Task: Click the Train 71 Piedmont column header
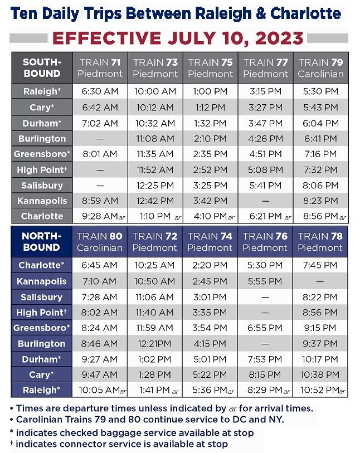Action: (100, 68)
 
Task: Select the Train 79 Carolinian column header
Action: (320, 68)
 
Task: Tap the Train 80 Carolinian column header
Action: (99, 242)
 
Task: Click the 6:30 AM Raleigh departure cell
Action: (100, 91)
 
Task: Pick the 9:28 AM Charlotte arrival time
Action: (104, 216)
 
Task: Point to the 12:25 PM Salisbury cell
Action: (155, 186)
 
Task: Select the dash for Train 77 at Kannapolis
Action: (265, 201)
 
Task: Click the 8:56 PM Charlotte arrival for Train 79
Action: (324, 216)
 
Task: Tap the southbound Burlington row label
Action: (42, 139)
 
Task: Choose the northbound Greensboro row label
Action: (42, 328)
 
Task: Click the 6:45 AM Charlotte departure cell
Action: (99, 265)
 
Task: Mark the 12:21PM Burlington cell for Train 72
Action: (154, 344)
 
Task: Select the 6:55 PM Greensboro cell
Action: (265, 328)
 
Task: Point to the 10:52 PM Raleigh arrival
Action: (323, 390)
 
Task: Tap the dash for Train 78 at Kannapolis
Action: (320, 281)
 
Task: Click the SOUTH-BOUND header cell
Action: (42, 68)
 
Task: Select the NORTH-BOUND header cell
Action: (42, 242)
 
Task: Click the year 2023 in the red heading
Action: (279, 38)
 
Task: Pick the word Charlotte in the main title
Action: (306, 13)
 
